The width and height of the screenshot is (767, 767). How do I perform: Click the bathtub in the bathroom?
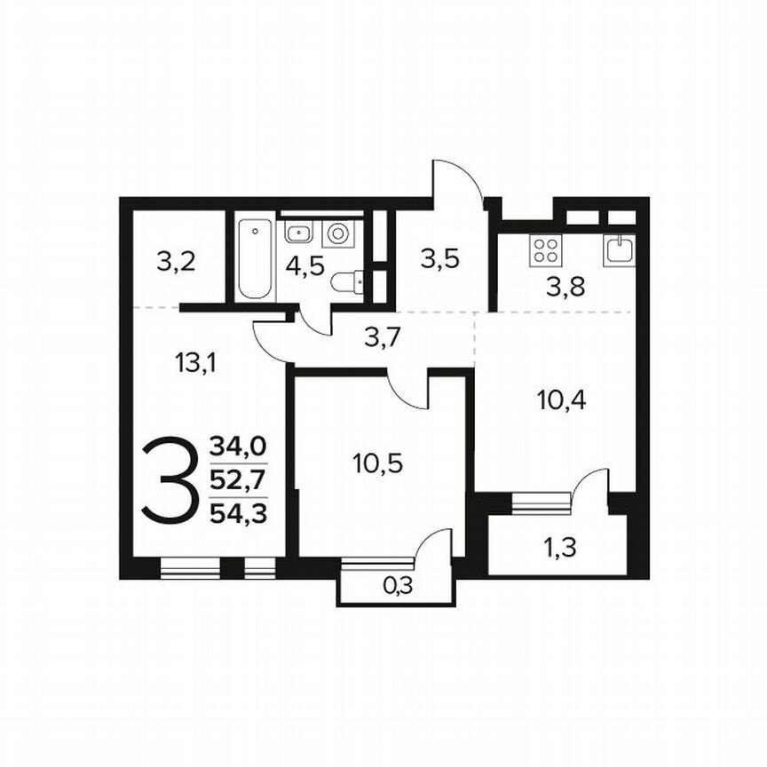click(x=256, y=259)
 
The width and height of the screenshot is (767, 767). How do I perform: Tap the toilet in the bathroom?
click(x=347, y=282)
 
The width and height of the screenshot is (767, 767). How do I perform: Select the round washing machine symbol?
click(x=338, y=233)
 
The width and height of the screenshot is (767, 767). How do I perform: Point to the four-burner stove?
click(x=544, y=249)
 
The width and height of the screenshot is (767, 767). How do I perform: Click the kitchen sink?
click(x=620, y=249)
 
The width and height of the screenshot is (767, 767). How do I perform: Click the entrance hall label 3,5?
click(x=439, y=260)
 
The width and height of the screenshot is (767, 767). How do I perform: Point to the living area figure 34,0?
click(x=238, y=446)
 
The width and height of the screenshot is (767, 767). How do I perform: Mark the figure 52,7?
click(x=238, y=478)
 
